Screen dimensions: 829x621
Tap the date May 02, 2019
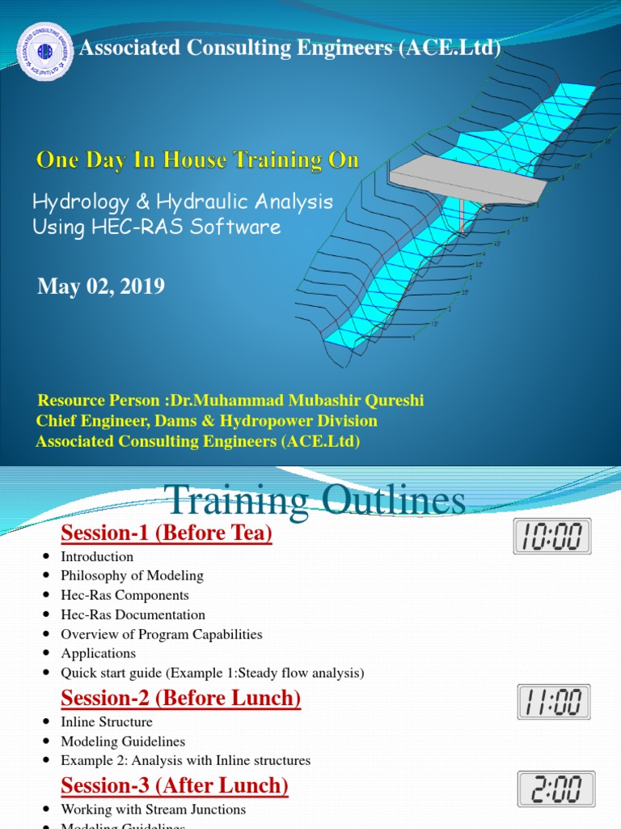101,287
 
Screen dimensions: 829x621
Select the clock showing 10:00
552,536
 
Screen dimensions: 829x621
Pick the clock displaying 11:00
554,702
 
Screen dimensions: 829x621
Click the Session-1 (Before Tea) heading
167,534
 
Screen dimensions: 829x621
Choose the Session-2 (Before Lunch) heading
181,699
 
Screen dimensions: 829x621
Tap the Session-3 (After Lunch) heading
175,785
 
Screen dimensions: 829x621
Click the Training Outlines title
315,500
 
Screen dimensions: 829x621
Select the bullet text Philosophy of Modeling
132,576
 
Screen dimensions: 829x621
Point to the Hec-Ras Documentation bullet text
133,614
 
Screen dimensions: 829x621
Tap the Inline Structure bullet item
107,721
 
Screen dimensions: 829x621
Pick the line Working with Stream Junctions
153,809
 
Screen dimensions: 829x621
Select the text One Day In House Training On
197,160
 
